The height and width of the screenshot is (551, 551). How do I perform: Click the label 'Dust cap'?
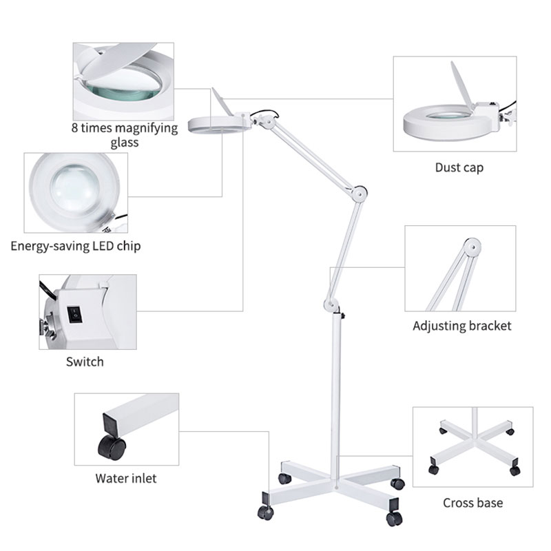tap(459, 167)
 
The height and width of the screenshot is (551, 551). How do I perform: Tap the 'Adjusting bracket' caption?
tap(461, 326)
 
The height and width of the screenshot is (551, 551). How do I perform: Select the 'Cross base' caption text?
tap(472, 503)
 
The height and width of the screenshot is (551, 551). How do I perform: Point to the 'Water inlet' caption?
tap(126, 478)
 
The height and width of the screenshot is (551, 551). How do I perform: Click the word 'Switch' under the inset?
tap(85, 362)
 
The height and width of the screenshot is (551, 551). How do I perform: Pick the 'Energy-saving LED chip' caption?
tap(76, 246)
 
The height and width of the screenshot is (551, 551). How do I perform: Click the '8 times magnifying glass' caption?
tap(125, 135)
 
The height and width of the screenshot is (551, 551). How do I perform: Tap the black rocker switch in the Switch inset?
tap(74, 315)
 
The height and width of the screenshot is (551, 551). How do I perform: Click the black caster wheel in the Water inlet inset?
tap(112, 446)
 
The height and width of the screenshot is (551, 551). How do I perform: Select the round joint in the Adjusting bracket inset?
tap(472, 247)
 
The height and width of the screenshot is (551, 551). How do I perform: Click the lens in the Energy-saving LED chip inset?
tap(74, 188)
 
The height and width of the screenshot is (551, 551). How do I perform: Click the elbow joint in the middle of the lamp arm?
tap(359, 194)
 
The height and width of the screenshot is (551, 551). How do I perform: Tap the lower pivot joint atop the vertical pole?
tap(331, 305)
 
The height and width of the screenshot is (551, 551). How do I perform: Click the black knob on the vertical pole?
tap(342, 316)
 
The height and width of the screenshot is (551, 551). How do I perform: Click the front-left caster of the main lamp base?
tap(265, 512)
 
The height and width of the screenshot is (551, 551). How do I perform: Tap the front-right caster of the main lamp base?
tap(394, 519)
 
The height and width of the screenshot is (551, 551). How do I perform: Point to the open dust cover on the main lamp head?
tap(222, 101)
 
